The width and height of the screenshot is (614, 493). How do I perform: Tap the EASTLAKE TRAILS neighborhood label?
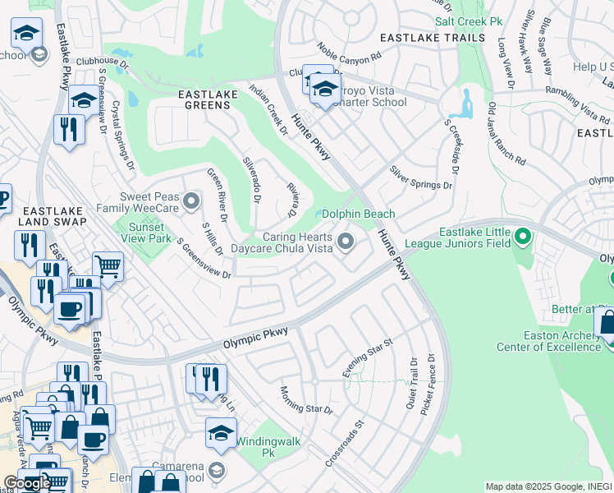click(427, 39)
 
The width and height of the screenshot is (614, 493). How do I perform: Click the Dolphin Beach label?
click(358, 214)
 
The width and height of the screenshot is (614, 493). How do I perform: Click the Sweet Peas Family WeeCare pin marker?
click(191, 200)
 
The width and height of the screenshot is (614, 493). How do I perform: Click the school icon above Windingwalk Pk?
click(221, 433)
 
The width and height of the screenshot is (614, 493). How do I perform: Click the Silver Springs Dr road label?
click(420, 179)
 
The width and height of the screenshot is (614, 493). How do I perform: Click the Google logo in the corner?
click(26, 482)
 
